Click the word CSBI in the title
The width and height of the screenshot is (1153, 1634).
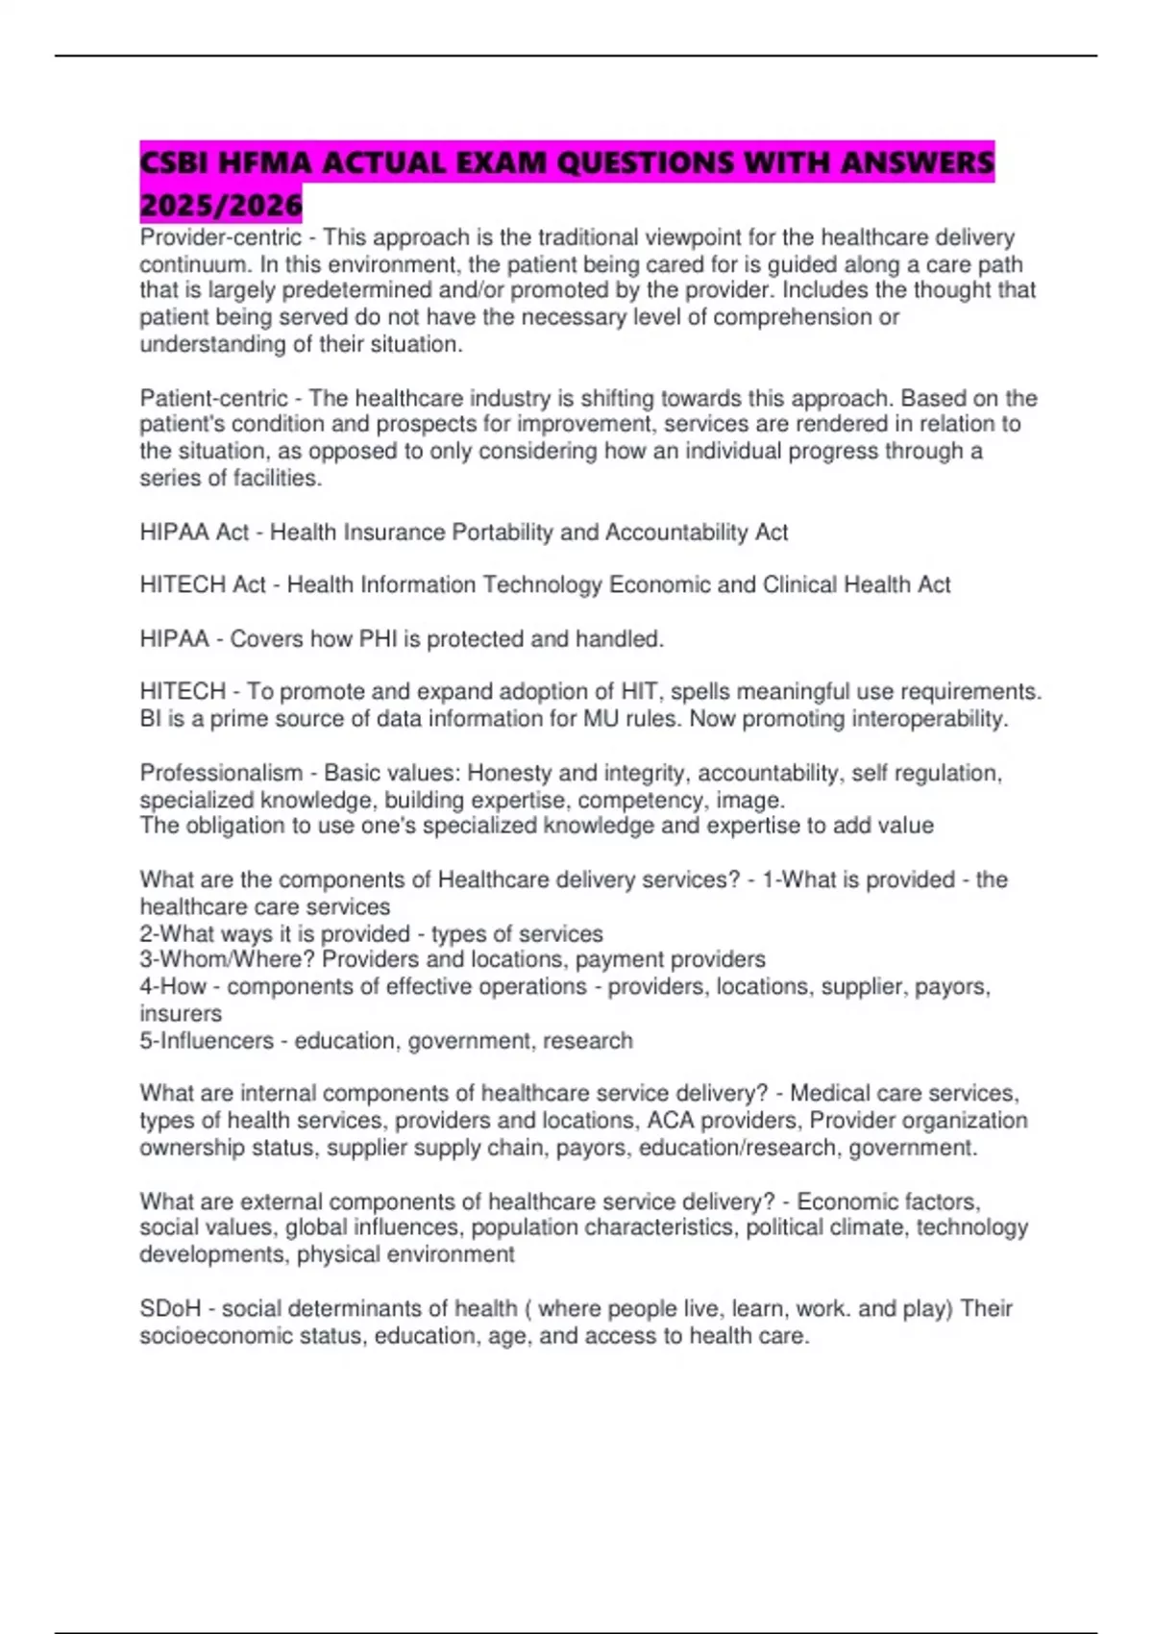(x=174, y=162)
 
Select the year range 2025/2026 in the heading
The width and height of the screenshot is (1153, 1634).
(x=221, y=204)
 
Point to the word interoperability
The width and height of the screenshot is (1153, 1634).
(x=920, y=719)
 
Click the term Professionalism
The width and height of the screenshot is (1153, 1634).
(x=221, y=773)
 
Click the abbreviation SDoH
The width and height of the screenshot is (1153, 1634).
(x=170, y=1308)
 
